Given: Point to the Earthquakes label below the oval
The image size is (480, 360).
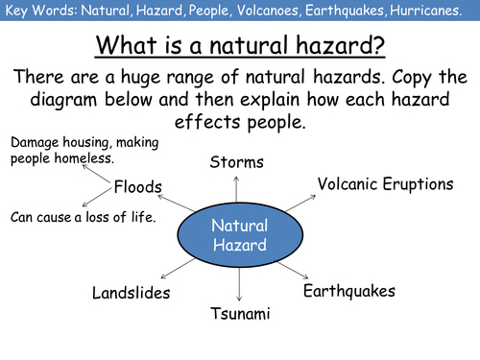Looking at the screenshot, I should pyautogui.click(x=348, y=291).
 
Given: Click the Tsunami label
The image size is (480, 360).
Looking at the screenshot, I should pyautogui.click(x=240, y=314).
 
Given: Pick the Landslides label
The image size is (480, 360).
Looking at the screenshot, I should pyautogui.click(x=131, y=292).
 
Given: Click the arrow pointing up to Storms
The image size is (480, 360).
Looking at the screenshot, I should pyautogui.click(x=237, y=189).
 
